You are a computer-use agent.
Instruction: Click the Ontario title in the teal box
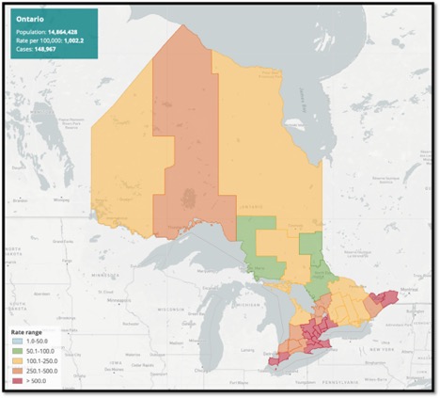point(31,18)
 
